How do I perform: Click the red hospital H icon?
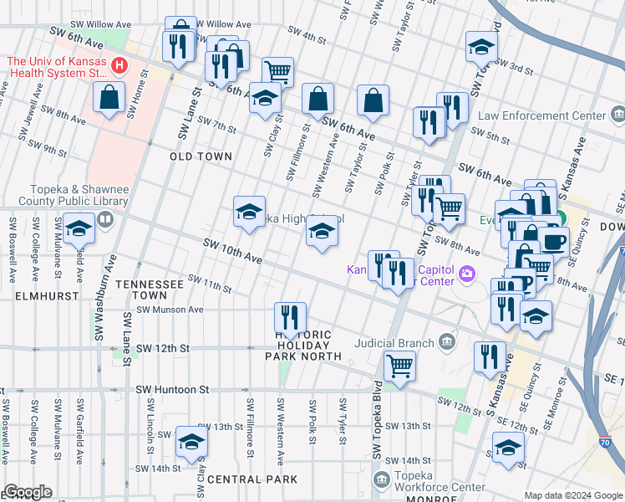(x=120, y=64)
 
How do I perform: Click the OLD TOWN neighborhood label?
(x=200, y=156)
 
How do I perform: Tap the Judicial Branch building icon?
(x=448, y=341)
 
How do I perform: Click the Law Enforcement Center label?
(x=553, y=115)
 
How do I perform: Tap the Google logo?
(x=28, y=492)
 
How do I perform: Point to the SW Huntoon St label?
(x=171, y=390)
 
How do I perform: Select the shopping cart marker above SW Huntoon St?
(x=399, y=365)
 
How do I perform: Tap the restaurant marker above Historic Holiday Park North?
(x=290, y=317)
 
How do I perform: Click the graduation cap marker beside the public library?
(x=79, y=228)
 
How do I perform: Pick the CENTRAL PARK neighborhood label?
(x=252, y=479)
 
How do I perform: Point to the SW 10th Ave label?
(x=233, y=252)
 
